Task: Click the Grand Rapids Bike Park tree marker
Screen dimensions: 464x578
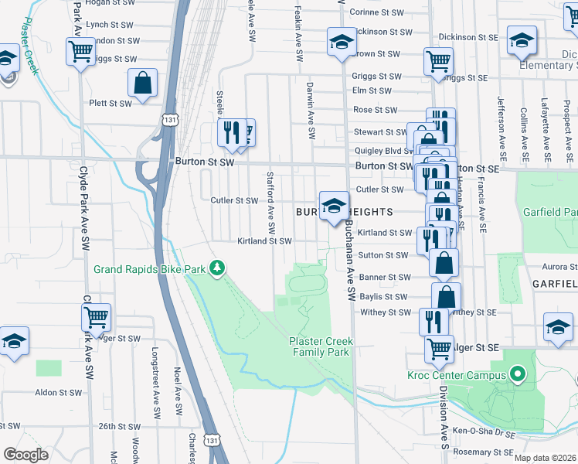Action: (219, 269)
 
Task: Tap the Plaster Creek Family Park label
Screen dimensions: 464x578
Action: (319, 346)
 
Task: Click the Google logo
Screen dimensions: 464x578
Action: (25, 455)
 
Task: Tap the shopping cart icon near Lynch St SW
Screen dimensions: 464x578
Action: (81, 52)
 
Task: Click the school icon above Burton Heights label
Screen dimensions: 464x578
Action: (334, 205)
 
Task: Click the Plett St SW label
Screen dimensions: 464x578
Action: (110, 103)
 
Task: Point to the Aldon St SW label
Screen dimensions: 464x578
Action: (59, 393)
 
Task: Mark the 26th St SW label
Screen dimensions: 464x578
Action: (117, 426)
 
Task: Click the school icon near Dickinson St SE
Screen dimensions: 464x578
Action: (522, 40)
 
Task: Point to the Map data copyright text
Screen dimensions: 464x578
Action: (546, 458)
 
